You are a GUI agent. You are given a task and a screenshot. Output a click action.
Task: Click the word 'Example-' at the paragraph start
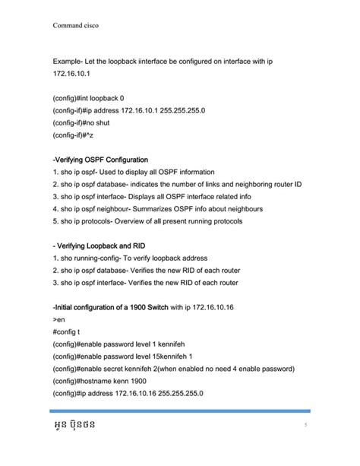pos(69,59)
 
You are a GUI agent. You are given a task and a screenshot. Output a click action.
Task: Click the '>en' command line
pos(59,321)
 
